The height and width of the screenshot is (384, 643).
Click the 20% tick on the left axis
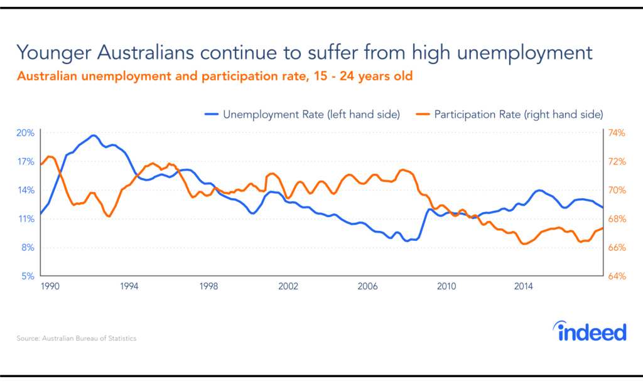(x=25, y=133)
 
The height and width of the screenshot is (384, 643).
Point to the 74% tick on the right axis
(x=615, y=133)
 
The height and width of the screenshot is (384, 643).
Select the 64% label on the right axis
(x=615, y=276)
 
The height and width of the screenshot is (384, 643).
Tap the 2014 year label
(x=524, y=286)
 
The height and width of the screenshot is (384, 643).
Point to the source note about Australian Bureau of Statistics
(x=76, y=338)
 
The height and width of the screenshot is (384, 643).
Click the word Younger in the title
(x=51, y=52)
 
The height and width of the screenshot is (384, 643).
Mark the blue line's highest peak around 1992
(x=94, y=136)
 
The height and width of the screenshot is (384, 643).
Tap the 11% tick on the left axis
(x=25, y=219)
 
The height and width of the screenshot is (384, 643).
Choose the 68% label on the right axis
(x=615, y=219)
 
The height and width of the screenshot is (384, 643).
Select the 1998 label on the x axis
(x=208, y=286)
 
